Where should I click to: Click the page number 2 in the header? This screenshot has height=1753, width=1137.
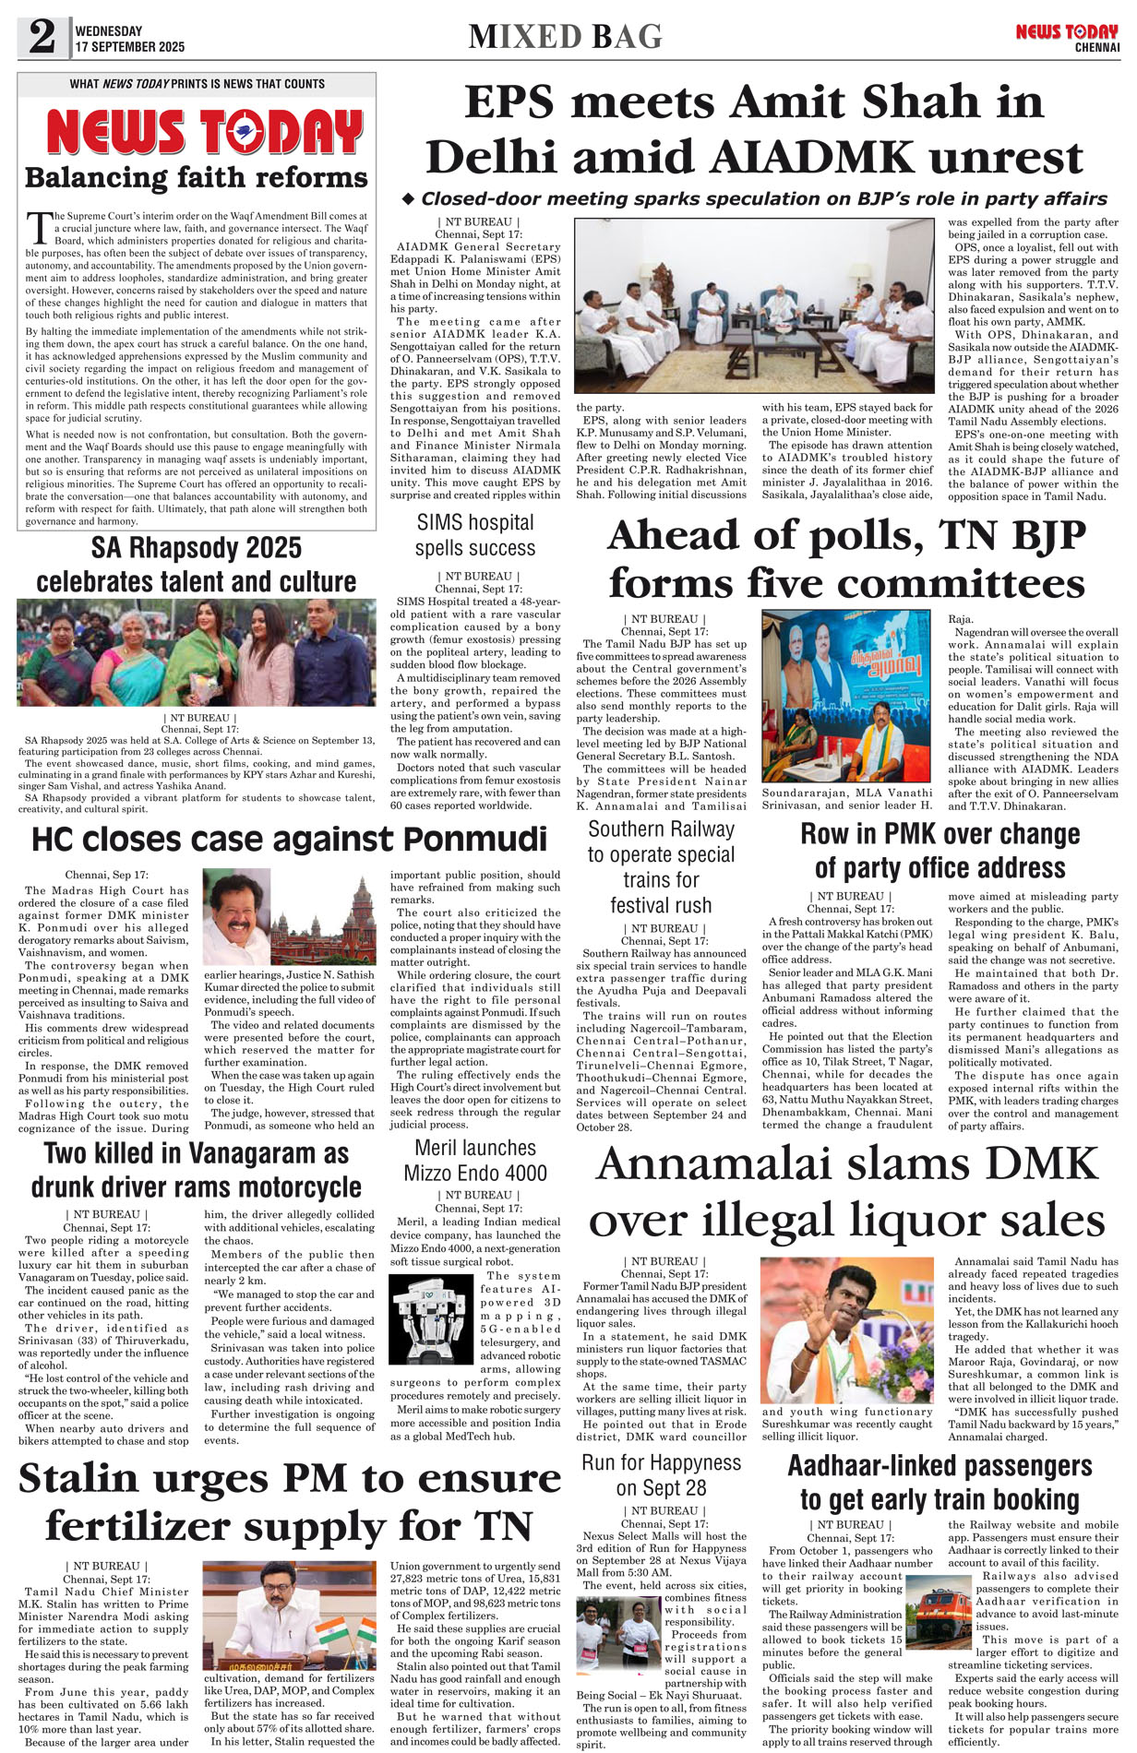42,38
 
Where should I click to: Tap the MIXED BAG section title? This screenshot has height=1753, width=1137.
565,37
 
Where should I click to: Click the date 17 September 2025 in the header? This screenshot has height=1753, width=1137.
130,47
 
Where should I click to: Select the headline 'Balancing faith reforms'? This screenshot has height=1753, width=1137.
196,177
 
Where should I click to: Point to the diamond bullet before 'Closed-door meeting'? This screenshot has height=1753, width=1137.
409,199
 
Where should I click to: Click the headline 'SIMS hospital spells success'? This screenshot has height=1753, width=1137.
474,535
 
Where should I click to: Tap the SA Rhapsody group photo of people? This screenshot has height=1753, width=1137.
196,652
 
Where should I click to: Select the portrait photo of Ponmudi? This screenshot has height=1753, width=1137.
237,916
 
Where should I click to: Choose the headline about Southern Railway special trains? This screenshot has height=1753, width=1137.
661,867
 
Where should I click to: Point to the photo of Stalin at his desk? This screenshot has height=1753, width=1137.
290,1614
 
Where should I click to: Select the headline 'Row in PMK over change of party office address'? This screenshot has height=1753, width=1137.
940,851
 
